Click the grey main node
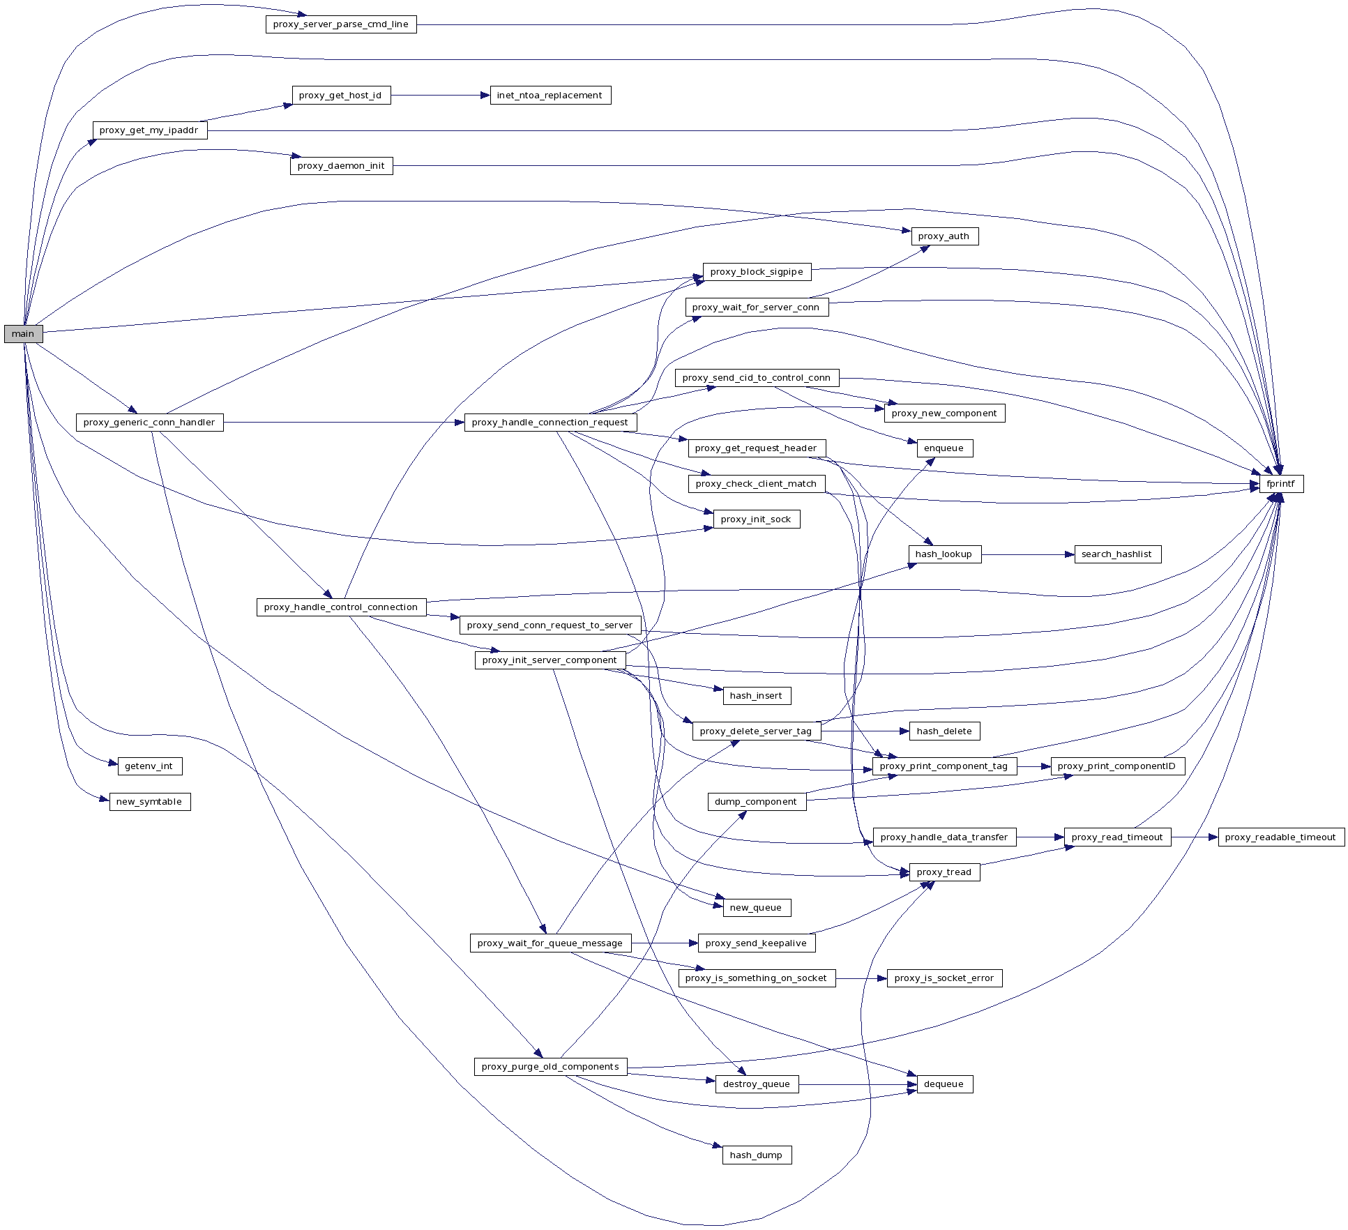23,334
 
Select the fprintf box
1280,484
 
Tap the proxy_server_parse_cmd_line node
340,24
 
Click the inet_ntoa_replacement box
550,96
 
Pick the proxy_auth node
944,236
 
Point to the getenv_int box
149,766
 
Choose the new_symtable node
149,802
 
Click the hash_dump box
756,1155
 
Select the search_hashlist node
1116,554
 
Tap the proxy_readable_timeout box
1280,837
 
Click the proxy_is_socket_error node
944,978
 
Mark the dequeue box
944,1084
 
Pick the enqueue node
944,448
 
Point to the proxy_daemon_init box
341,166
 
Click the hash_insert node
756,696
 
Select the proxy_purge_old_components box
550,1067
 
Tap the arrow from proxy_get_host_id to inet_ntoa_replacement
440,96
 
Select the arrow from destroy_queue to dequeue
857,1084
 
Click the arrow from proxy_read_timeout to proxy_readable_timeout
1194,837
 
